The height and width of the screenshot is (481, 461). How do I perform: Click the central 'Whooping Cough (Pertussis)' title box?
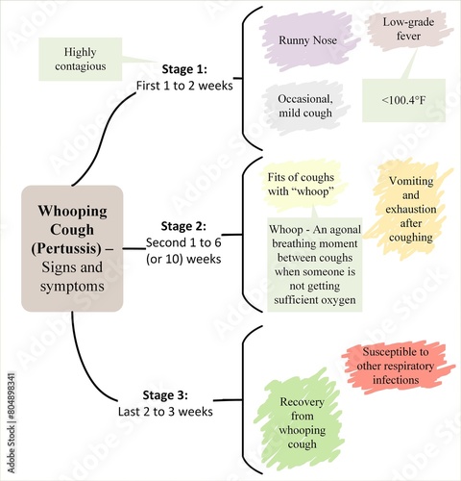(x=73, y=248)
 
